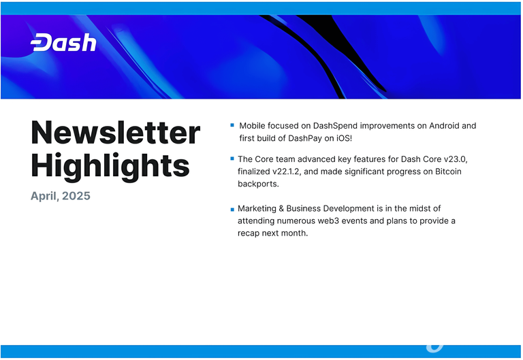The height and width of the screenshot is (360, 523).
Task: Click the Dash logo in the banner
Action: pyautogui.click(x=63, y=42)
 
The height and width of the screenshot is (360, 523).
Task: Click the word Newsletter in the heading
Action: pyautogui.click(x=115, y=133)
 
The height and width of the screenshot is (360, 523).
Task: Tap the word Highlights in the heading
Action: pyautogui.click(x=110, y=166)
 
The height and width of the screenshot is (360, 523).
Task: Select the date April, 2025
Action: pyautogui.click(x=61, y=196)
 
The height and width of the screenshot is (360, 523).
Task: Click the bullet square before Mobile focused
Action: pyautogui.click(x=232, y=125)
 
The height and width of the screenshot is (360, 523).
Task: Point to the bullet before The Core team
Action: pyautogui.click(x=232, y=159)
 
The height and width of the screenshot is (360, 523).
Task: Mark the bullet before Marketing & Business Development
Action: pyautogui.click(x=232, y=210)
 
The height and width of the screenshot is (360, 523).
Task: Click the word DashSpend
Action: pyautogui.click(x=335, y=126)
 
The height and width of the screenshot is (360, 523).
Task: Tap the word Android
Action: pyautogui.click(x=444, y=126)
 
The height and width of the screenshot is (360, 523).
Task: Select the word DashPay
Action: pyautogui.click(x=305, y=138)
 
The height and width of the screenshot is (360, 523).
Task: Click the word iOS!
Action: pyautogui.click(x=344, y=138)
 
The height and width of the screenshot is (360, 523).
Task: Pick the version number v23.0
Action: pyautogui.click(x=456, y=159)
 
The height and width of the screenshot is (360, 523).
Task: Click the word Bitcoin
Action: pyautogui.click(x=448, y=171)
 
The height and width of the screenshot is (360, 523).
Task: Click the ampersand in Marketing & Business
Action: pyautogui.click(x=281, y=209)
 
